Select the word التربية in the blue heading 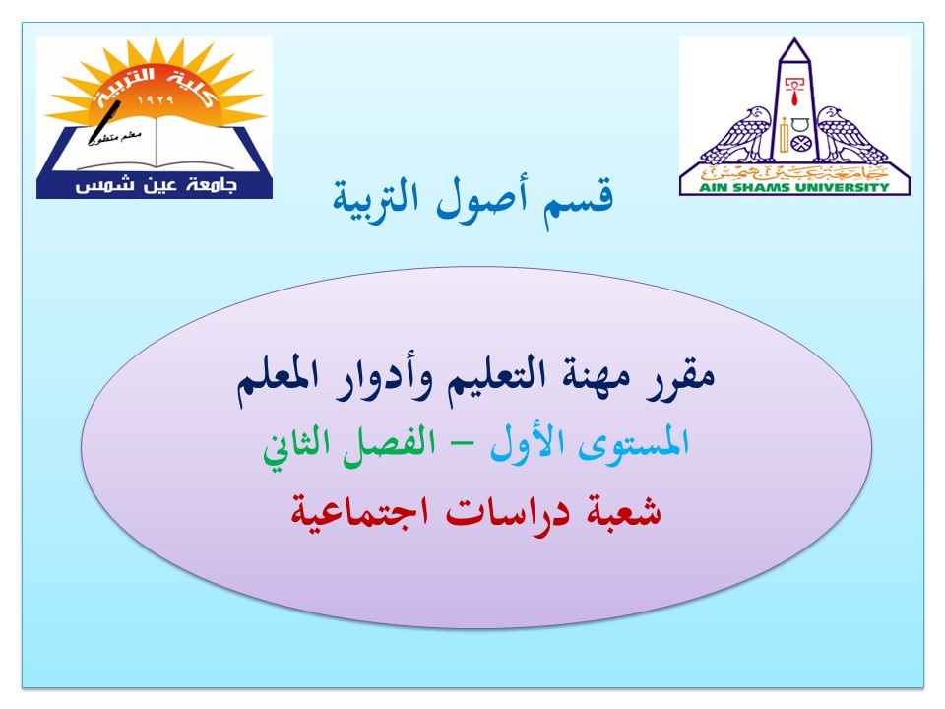click(x=375, y=200)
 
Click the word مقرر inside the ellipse click(x=681, y=377)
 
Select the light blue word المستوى click(x=633, y=443)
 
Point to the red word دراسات click(x=508, y=512)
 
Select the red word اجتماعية click(x=360, y=512)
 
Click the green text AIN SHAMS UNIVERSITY click(x=794, y=187)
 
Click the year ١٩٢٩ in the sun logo click(x=156, y=100)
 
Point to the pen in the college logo click(x=104, y=123)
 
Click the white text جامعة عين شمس click(x=156, y=185)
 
